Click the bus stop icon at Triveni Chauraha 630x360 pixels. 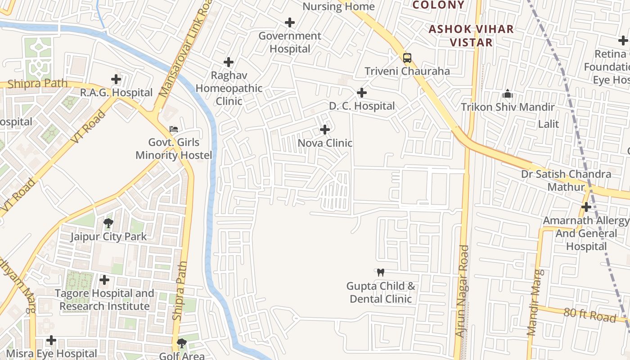click(407, 58)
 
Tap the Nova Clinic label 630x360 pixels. click(325, 143)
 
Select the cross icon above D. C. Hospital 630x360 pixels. click(361, 93)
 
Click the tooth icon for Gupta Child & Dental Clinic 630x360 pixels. click(381, 272)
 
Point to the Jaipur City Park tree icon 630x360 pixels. click(108, 223)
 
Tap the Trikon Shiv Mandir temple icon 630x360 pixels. click(508, 94)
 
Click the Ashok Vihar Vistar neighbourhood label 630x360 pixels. click(471, 36)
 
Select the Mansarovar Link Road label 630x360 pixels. click(186, 49)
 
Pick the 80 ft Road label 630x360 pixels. click(589, 315)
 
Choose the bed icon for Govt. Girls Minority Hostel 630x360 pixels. click(173, 129)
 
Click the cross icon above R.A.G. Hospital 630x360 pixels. click(116, 80)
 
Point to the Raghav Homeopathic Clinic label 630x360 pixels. click(229, 88)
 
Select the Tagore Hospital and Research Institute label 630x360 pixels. click(104, 300)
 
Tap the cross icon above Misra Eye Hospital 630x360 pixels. click(52, 340)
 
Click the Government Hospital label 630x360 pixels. click(290, 42)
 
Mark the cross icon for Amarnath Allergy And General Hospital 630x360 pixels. click(586, 207)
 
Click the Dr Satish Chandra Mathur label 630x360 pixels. click(566, 180)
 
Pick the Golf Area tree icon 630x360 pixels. click(182, 344)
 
